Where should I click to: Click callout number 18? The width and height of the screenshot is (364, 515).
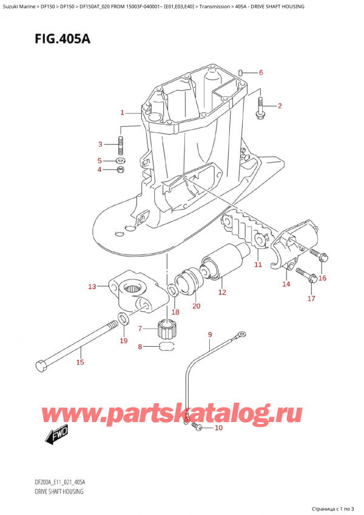coord(175,312)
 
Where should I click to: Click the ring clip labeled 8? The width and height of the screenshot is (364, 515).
coord(167,347)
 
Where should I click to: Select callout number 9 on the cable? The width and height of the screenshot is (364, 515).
coord(209,335)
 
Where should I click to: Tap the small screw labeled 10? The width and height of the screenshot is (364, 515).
coord(197,428)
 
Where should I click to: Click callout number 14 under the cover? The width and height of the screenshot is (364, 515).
coord(286,284)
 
